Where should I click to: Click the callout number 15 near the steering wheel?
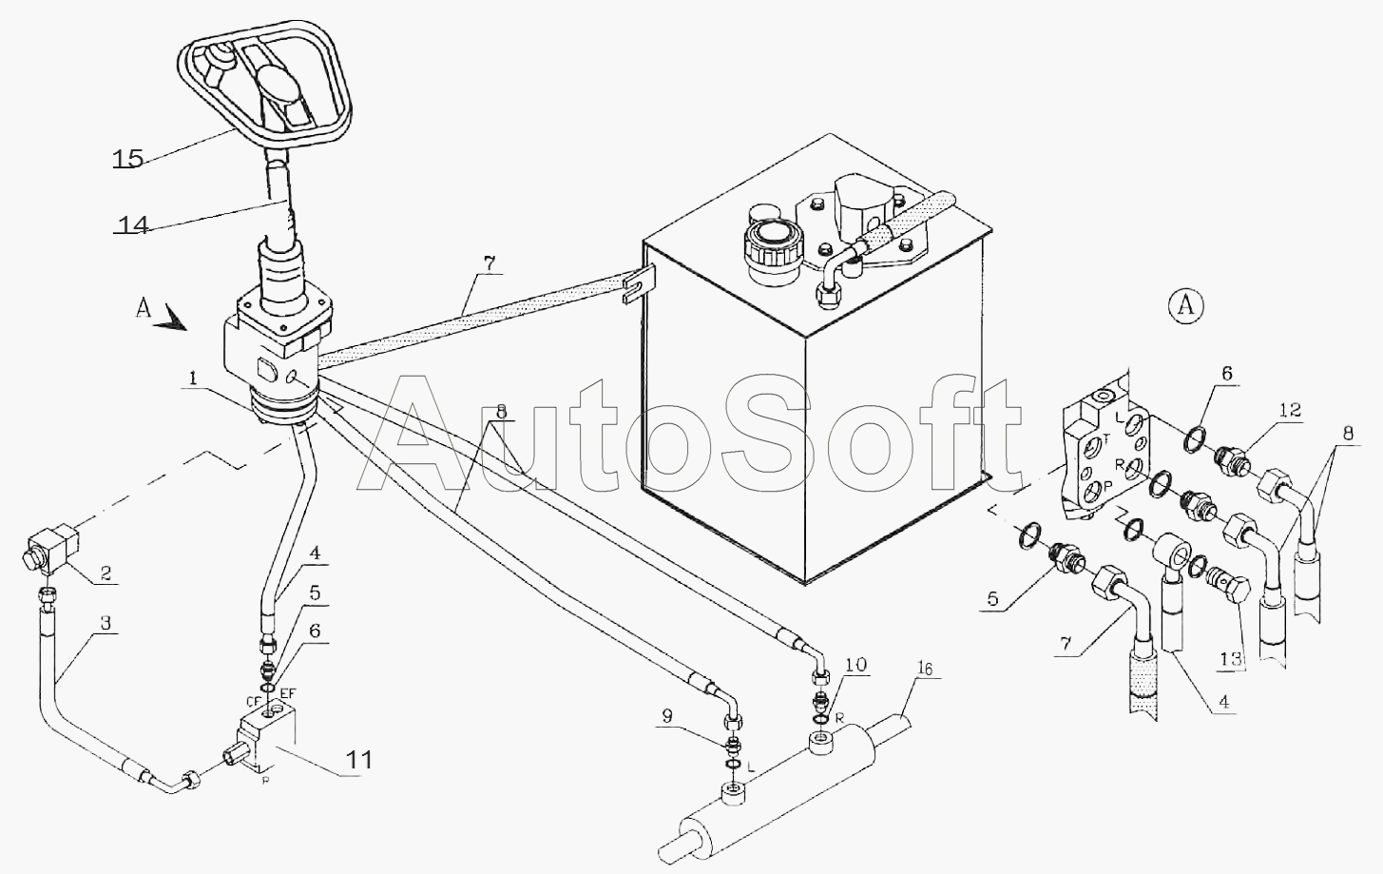[128, 159]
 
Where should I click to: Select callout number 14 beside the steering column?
[133, 224]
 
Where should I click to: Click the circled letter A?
[1186, 305]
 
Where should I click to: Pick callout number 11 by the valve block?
[358, 760]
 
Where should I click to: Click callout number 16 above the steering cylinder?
[925, 669]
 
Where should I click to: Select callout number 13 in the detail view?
[1231, 659]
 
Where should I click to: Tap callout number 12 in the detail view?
[1291, 410]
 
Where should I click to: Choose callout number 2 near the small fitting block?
[106, 573]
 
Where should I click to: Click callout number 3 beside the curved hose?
[106, 623]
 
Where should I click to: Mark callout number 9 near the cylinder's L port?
[666, 716]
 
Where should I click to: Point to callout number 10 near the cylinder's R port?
[855, 665]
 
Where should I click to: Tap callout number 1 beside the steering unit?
[193, 378]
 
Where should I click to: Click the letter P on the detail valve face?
[1108, 485]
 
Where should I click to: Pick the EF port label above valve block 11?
[288, 693]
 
